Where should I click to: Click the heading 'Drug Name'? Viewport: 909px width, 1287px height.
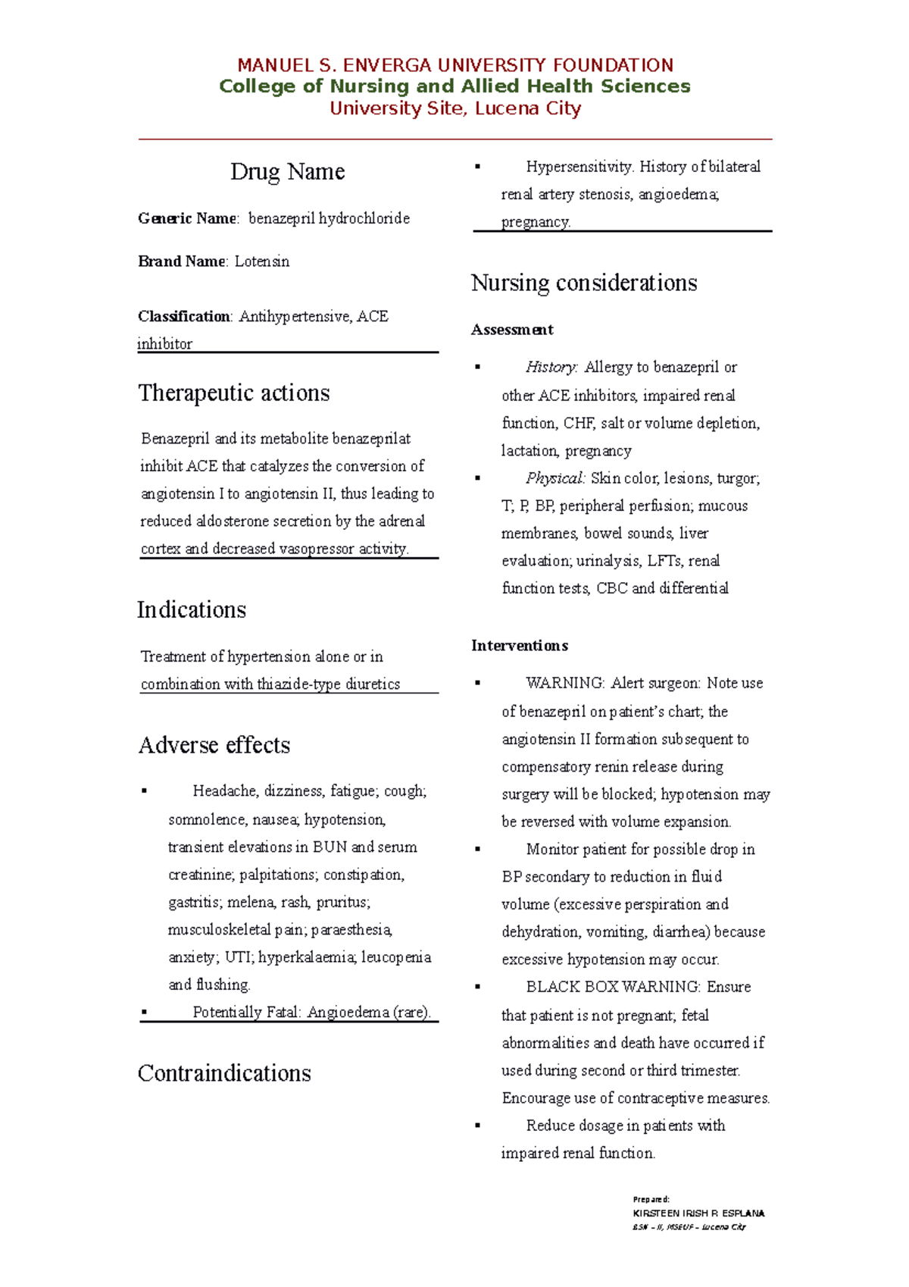pos(287,171)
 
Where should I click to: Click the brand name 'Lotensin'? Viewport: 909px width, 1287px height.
pos(261,261)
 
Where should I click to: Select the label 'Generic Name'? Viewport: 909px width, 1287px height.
pos(187,219)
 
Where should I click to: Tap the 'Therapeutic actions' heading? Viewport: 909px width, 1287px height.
pos(233,393)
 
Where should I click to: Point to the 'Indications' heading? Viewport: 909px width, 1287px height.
pos(192,609)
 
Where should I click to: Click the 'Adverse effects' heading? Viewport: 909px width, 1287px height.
pos(214,745)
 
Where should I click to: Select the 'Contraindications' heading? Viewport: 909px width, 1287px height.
pos(224,1073)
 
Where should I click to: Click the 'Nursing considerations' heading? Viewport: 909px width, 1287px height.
pos(583,283)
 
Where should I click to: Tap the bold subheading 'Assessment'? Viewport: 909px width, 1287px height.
pos(512,330)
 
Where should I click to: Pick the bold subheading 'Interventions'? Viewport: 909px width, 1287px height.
pos(520,646)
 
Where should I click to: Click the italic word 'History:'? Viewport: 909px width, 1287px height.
pos(551,368)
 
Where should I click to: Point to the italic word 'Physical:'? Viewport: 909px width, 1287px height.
pos(555,478)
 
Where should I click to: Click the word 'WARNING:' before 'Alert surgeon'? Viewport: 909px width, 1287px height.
pos(565,683)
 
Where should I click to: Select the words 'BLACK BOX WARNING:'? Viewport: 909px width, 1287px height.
pos(614,987)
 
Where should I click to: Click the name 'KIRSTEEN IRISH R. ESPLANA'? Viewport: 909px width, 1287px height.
pos(698,1213)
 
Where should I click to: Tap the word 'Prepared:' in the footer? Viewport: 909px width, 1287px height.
pos(651,1199)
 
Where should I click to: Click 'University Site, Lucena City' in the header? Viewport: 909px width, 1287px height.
pos(455,108)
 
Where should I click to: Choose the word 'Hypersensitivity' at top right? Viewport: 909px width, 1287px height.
pos(579,167)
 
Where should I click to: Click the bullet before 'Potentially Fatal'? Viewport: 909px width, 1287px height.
pos(144,1013)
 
